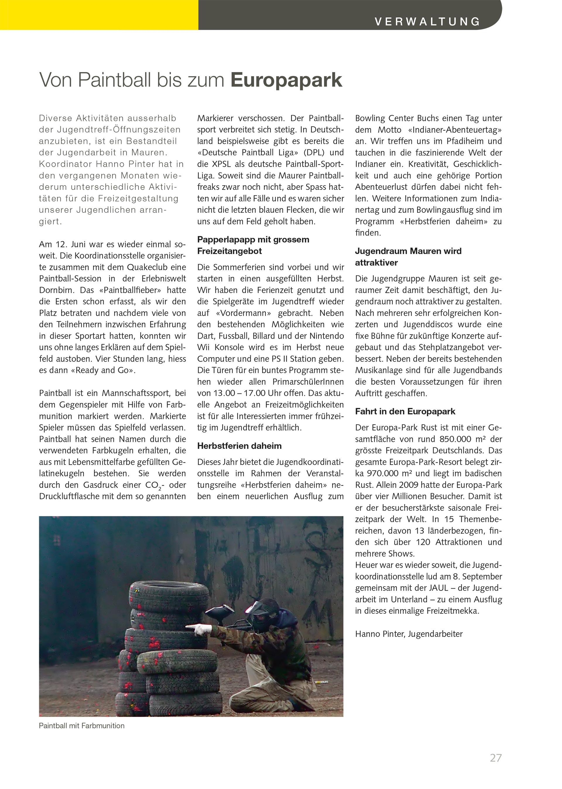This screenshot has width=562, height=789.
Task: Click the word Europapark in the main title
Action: point(287,80)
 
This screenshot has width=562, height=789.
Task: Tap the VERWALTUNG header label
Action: point(427,21)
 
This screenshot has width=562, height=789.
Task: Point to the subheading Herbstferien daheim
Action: point(239,446)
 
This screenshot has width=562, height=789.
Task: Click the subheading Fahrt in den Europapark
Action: point(405,411)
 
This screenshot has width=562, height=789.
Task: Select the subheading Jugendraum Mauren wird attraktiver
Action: point(408,257)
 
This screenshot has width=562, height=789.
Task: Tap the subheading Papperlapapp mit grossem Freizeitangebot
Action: point(253,245)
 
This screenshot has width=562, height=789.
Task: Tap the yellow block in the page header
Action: point(99,15)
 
